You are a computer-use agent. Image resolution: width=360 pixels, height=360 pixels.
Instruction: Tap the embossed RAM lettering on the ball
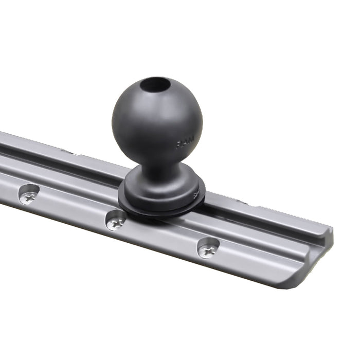click(x=185, y=144)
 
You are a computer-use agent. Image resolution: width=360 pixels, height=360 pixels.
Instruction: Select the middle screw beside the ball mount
click(x=116, y=221)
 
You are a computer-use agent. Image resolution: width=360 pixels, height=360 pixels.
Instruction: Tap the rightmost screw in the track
click(x=208, y=250)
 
